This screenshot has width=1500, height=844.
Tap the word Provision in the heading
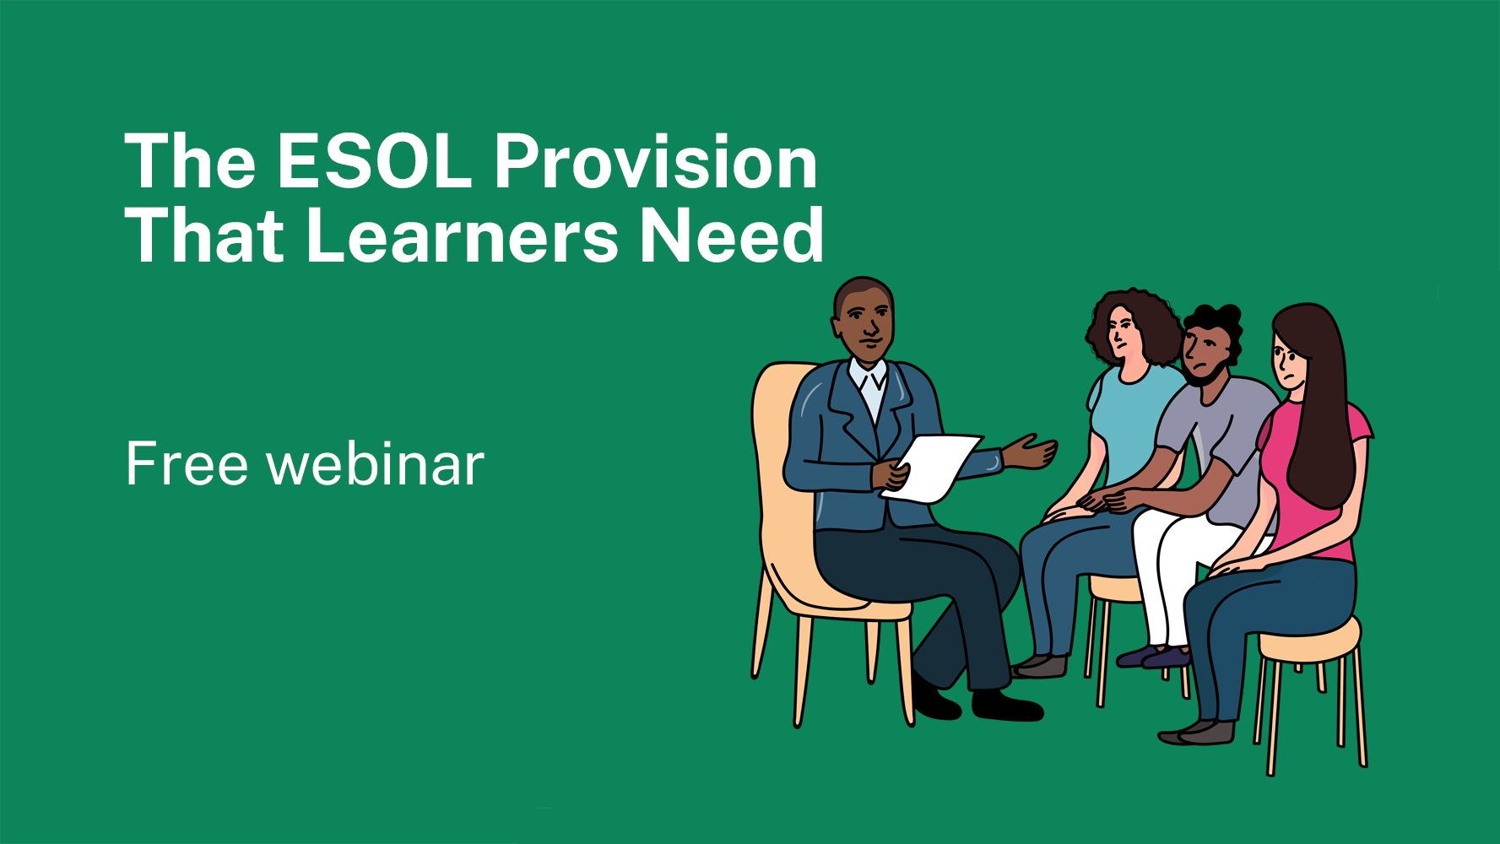pos(655,162)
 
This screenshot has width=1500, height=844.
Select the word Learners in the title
pos(463,236)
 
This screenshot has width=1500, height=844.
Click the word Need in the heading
pos(731,236)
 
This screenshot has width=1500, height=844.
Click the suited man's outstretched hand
pos(1032,452)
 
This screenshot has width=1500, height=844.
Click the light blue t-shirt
pos(1131,422)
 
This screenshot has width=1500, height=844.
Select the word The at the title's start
pos(190,162)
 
